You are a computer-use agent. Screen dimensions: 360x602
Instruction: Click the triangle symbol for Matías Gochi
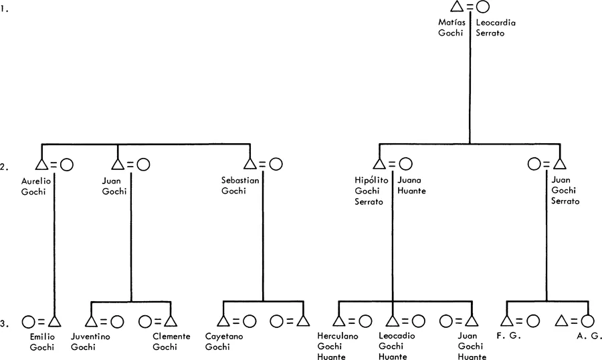[458, 7]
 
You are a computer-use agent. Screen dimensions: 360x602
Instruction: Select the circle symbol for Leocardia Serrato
[482, 7]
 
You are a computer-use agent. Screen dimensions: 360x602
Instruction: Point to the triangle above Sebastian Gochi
[250, 164]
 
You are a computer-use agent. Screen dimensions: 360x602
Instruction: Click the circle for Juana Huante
[405, 164]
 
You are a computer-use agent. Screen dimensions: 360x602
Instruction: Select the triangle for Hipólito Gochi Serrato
[379, 164]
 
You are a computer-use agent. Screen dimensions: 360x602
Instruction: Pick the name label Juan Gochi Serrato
[565, 191]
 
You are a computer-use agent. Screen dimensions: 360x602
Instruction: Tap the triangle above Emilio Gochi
[55, 322]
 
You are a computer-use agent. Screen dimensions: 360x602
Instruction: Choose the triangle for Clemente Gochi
[170, 322]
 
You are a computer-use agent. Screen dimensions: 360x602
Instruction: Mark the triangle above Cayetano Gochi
[223, 322]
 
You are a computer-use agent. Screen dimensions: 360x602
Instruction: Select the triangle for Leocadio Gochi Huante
[393, 322]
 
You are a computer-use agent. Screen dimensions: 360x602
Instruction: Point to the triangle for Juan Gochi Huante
[472, 322]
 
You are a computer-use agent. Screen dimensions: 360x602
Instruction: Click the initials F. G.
[510, 337]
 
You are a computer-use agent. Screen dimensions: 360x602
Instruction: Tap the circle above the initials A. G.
[587, 322]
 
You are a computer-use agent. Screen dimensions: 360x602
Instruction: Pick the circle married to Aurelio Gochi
[66, 164]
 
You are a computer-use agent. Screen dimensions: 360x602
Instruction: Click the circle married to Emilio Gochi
[28, 322]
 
